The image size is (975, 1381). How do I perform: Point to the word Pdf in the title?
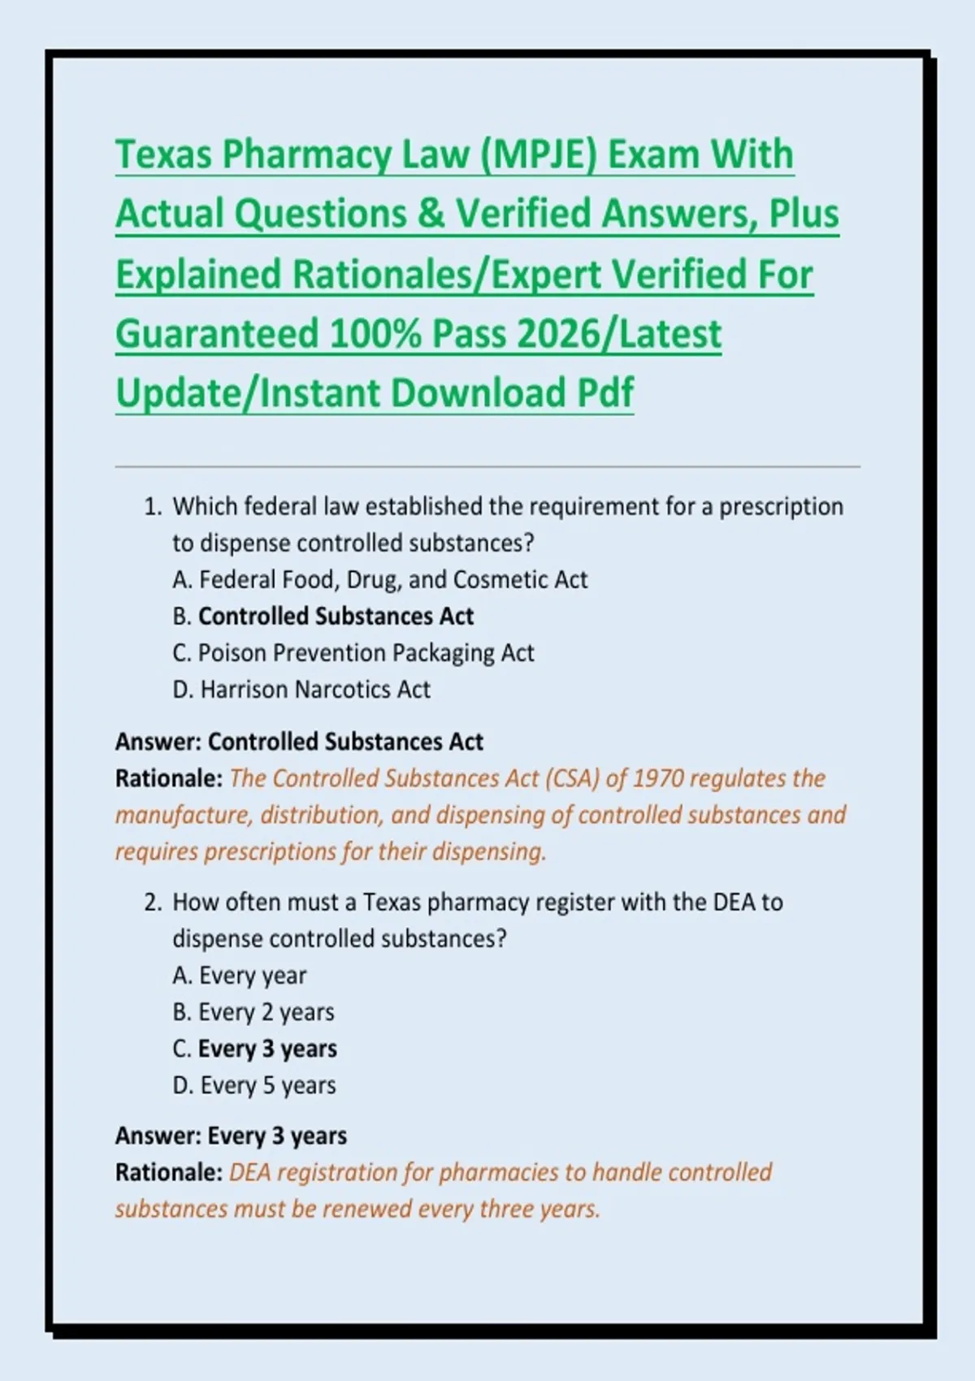point(604,393)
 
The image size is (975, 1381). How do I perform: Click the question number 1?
point(152,507)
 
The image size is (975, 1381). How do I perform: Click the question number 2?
point(152,903)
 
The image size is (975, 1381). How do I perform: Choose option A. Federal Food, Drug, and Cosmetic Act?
point(379,580)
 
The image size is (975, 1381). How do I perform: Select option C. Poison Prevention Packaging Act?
point(353,653)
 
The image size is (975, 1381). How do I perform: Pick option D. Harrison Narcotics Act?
point(301,690)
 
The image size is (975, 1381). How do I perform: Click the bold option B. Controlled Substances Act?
point(323,617)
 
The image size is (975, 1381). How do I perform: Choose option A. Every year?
point(240,976)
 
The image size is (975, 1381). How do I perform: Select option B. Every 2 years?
point(253,1012)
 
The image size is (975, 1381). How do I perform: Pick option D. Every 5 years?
point(254,1085)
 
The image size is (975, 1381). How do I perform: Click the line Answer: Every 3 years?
point(231,1136)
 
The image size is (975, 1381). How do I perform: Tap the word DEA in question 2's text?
point(734,903)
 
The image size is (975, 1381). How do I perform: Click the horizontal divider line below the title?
point(487,467)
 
